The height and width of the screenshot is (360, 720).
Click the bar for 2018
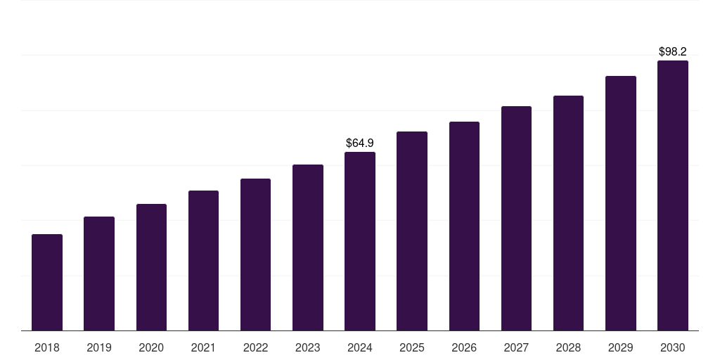(47, 283)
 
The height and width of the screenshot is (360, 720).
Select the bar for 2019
(99, 274)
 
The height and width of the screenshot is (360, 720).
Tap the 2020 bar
(152, 267)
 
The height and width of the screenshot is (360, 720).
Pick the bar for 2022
(255, 255)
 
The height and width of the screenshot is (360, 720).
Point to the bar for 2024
(360, 242)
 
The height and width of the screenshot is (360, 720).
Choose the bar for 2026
(464, 226)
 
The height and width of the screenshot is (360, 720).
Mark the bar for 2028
(568, 213)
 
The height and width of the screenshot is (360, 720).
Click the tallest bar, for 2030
(673, 195)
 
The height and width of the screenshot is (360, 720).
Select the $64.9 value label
(360, 143)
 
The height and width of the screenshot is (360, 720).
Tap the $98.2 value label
(673, 52)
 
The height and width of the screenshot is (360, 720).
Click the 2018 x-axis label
(47, 348)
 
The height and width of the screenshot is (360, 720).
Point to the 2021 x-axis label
(203, 348)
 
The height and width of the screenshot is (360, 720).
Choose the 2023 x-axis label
(308, 348)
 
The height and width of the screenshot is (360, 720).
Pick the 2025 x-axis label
(412, 348)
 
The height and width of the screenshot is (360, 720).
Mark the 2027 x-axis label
(516, 348)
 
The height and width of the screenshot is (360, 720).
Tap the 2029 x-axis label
(621, 348)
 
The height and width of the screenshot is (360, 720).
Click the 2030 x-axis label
(673, 348)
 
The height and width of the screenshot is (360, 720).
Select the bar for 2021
(203, 261)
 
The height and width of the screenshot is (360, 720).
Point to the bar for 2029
(621, 203)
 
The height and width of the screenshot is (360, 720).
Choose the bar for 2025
(412, 231)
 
